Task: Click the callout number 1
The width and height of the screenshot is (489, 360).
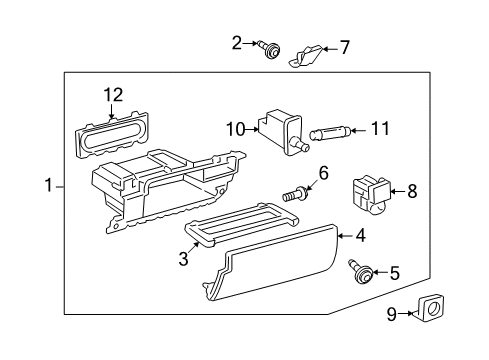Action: pos(47,185)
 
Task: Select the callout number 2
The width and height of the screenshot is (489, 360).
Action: pos(237,42)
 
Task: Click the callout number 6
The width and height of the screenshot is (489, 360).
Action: pos(323,173)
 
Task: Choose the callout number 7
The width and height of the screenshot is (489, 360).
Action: pos(345,47)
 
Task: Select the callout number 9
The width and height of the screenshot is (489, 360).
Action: pos(392,314)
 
